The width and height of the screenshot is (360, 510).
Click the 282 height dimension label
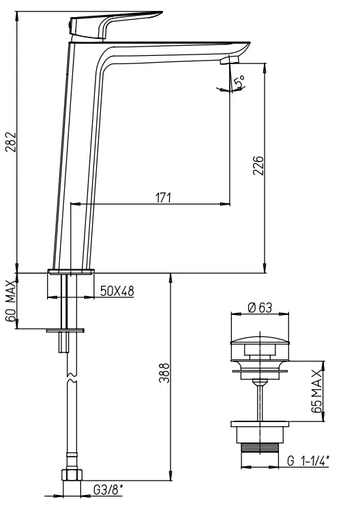click(x=8, y=142)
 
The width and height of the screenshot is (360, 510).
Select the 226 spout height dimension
click(x=258, y=166)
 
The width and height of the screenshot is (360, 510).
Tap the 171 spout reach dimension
click(x=163, y=197)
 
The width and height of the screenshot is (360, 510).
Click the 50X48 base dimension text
click(x=117, y=291)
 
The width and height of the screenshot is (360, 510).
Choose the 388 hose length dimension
click(x=164, y=374)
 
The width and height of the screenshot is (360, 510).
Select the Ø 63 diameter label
click(x=260, y=307)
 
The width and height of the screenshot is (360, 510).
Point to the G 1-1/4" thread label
click(x=308, y=462)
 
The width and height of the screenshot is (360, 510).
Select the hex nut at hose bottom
click(x=69, y=475)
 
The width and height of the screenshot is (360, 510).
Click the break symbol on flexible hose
click(x=69, y=376)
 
